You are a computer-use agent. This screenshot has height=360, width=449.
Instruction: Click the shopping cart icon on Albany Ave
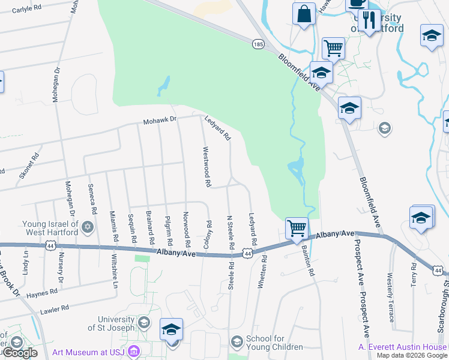tap(297, 228)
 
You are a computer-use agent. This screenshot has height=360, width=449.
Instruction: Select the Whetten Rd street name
tap(261, 274)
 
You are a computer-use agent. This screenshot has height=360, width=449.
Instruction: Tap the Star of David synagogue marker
tap(88, 227)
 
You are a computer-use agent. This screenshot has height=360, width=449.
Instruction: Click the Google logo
tap(20, 353)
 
